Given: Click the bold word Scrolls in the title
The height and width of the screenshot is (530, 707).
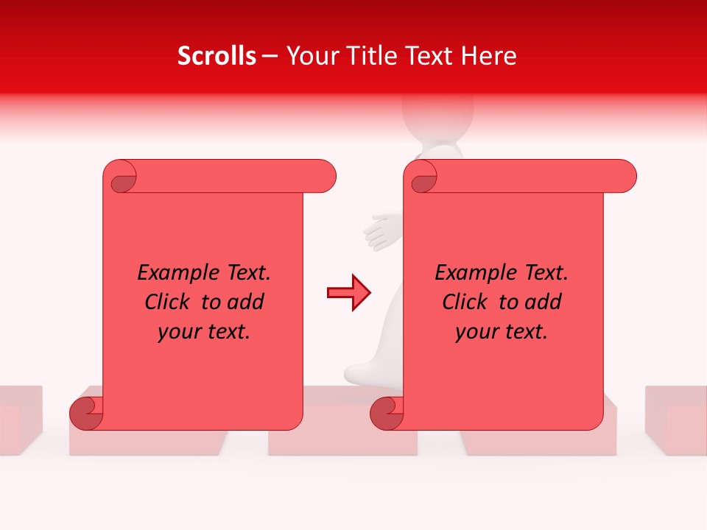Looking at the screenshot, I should pos(217,56).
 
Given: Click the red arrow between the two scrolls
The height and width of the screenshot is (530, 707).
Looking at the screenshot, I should pos(349,293).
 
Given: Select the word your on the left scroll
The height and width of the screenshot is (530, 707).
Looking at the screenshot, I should pos(177,332).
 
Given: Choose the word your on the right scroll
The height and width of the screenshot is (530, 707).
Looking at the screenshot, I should pos(475,332).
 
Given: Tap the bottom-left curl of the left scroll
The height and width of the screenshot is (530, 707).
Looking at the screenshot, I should pos(86,412).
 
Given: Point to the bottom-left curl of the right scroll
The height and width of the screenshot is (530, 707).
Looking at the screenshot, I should pos(387,413).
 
